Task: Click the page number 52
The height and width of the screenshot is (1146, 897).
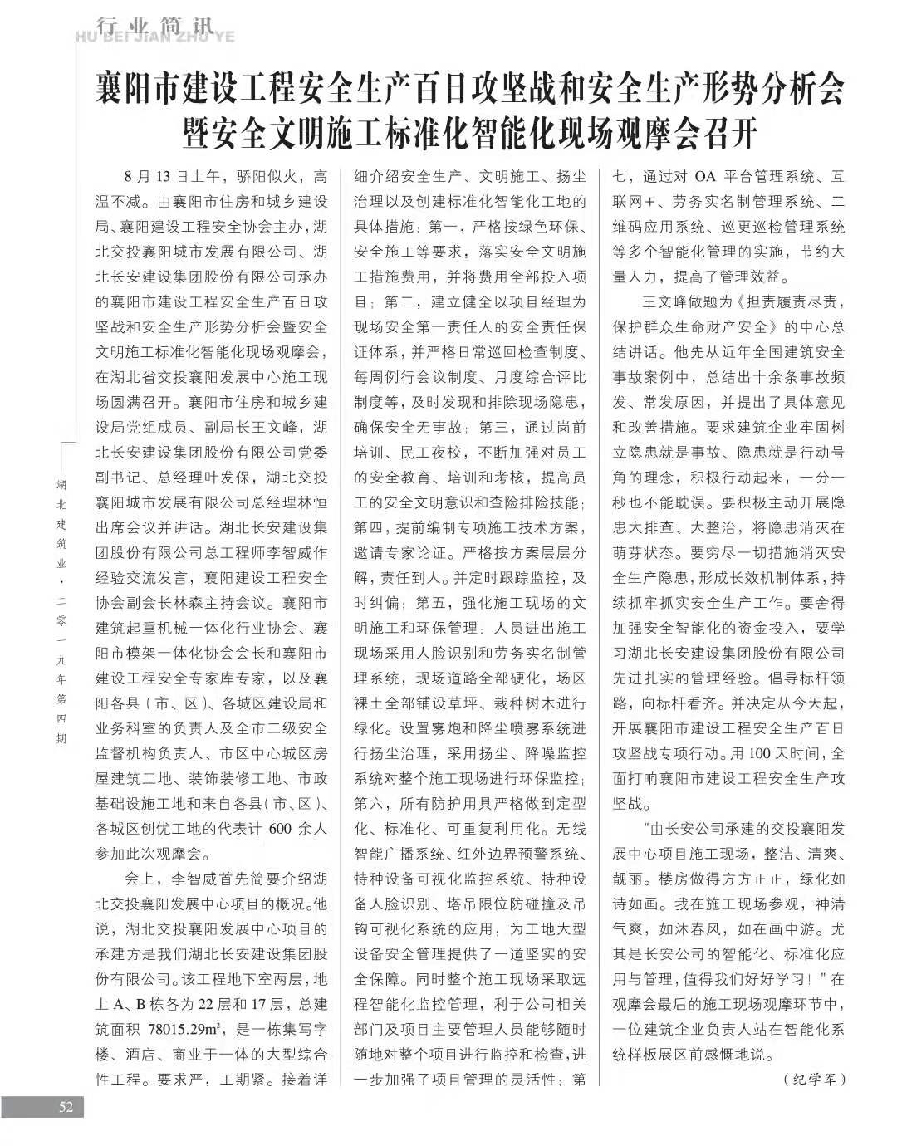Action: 66,1107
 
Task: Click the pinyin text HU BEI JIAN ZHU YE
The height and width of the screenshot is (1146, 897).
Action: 154,37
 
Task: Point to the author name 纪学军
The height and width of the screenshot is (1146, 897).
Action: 814,1080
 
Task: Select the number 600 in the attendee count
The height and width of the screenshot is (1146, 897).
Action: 280,828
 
